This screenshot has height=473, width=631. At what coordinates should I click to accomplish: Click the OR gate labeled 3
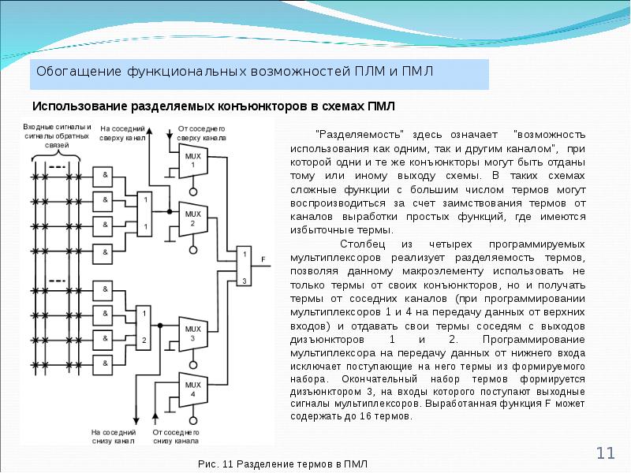pos(245,267)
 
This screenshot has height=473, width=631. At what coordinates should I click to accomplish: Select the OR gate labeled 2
pos(144,327)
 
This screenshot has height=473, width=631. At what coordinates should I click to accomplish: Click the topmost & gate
pos(103,173)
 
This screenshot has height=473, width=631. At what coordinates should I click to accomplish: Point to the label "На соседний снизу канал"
pos(115,437)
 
